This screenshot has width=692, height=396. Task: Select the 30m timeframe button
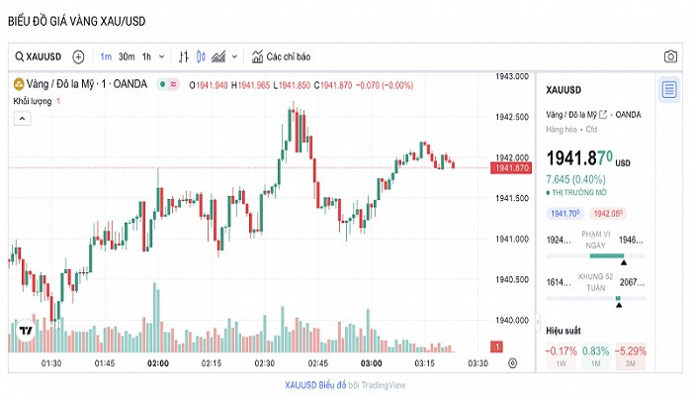127,56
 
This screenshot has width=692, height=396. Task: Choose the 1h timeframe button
146,56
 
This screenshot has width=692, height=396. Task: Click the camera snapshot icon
670,56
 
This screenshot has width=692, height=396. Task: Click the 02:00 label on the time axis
157,364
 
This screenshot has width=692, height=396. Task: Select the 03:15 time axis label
426,364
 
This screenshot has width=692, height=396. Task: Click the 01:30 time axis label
50,364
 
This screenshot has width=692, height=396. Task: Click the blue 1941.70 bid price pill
564,214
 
